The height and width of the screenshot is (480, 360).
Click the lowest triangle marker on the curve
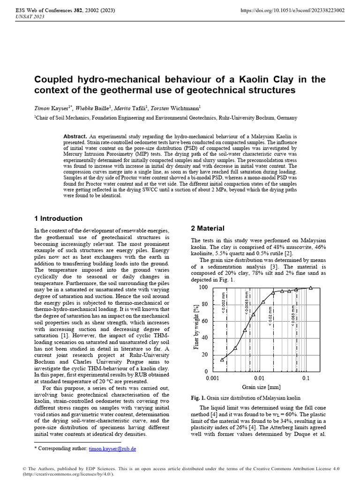tap(222, 360)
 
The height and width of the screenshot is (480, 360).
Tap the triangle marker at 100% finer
tap(311, 287)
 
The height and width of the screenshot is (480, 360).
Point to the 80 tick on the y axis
tap(204, 304)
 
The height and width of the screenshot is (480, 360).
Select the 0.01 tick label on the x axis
tap(259, 378)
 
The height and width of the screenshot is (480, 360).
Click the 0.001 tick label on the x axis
tap(212, 378)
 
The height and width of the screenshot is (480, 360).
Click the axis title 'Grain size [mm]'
tap(261, 387)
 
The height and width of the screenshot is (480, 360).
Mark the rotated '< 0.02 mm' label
tap(271, 317)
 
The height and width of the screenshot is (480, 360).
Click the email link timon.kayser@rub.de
tap(112, 449)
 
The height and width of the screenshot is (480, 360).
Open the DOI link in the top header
tap(292, 10)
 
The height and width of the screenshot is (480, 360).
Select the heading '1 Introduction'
tap(59, 218)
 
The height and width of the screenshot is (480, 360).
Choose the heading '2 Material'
tap(207, 228)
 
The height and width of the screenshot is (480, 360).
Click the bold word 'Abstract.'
tap(75, 136)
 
